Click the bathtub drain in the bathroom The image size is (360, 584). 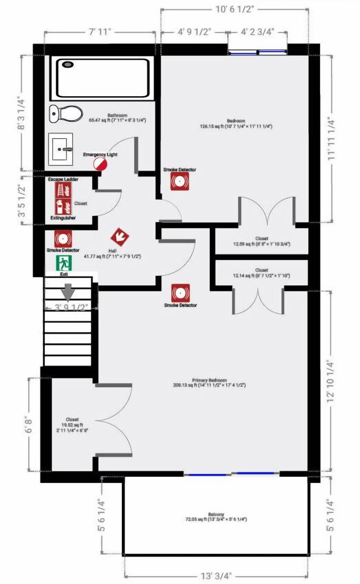pos(68,64)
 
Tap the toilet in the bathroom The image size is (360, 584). pos(66,113)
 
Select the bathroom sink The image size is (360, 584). pos(60,149)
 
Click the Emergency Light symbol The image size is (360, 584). pos(100,163)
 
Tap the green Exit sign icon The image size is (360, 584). pos(64,263)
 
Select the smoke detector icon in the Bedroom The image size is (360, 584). pos(180,181)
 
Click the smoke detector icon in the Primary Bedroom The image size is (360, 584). pos(180,293)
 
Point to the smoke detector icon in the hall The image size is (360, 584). pos(63,239)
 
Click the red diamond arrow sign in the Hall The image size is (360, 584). pos(120,237)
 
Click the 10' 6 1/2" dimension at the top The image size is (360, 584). pos(235,9)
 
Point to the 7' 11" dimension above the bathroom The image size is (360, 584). pos(100,32)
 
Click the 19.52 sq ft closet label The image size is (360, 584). pos(72,425)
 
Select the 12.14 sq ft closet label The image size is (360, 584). pos(261,273)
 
